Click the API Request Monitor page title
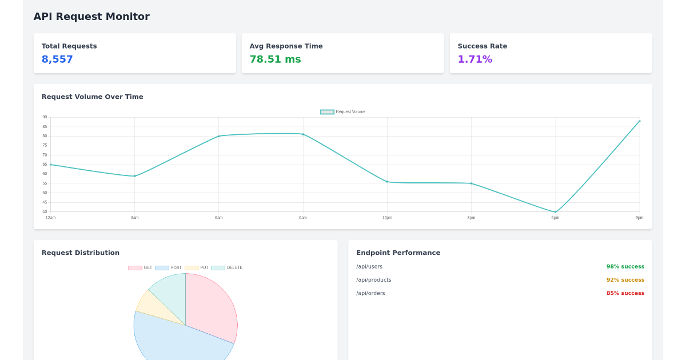tap(91, 17)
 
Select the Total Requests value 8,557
tap(57, 59)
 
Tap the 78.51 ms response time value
tap(275, 59)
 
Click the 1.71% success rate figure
tap(474, 59)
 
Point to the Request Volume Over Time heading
tap(92, 97)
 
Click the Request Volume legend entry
tap(343, 112)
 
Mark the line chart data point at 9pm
tap(639, 121)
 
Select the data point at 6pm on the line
tap(555, 212)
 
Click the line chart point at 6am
tap(218, 136)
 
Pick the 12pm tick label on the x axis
tap(387, 218)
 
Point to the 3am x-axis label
tap(134, 218)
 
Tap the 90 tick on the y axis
tap(45, 117)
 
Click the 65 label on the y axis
tap(45, 165)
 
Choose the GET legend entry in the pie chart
tap(141, 268)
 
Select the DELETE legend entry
tap(228, 268)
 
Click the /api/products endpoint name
tap(373, 280)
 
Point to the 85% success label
tap(625, 293)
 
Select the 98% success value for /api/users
tap(625, 267)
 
